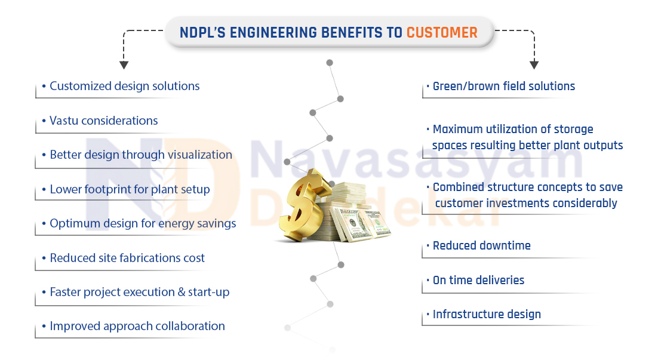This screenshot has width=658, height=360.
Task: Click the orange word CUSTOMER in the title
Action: [x=442, y=32]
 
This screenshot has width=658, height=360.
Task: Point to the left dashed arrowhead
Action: [x=124, y=65]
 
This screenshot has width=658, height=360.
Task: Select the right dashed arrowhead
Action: [x=534, y=65]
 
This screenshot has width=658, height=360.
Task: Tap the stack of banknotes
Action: [x=355, y=213]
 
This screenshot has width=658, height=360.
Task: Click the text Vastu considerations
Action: [x=104, y=121]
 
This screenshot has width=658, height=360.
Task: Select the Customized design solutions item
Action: [x=125, y=86]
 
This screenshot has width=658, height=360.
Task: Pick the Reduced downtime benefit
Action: [x=482, y=245]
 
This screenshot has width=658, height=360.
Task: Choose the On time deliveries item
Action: [x=478, y=280]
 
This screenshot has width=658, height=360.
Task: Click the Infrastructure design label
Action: [x=487, y=314]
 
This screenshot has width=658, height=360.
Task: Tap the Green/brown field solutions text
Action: [x=503, y=86]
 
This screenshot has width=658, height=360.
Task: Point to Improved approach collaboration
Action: [x=137, y=327]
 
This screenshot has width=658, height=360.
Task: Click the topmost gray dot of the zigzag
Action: [x=330, y=63]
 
